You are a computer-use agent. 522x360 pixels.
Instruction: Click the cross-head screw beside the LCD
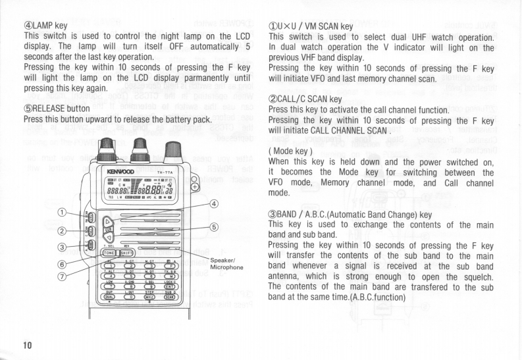[x=195, y=187]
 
